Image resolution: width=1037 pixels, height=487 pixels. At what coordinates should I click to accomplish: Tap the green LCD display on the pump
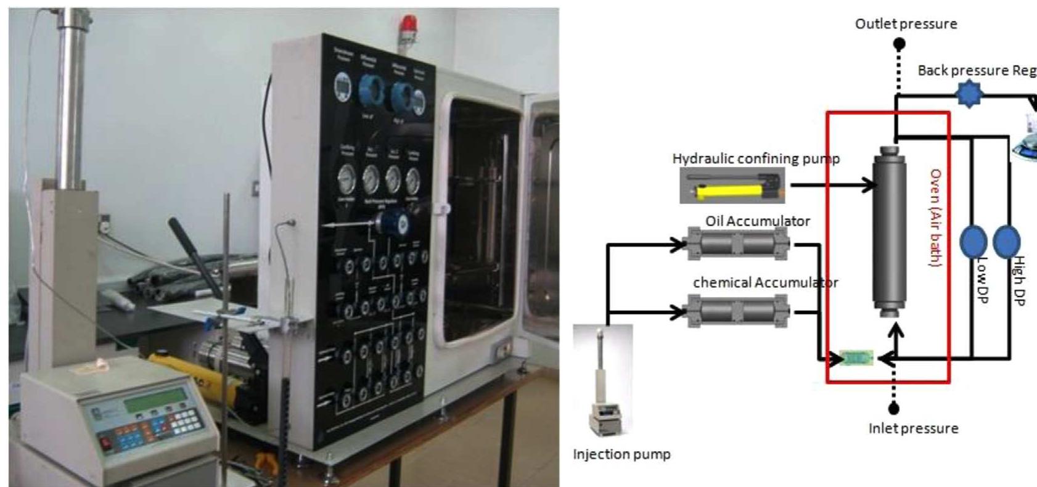pyautogui.click(x=155, y=403)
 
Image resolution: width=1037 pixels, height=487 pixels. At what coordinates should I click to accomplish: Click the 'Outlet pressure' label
pyautogui.click(x=906, y=24)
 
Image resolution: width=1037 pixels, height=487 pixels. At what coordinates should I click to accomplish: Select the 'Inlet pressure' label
pyautogui.click(x=913, y=428)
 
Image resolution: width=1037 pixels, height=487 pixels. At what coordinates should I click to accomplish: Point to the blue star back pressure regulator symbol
pyautogui.click(x=969, y=94)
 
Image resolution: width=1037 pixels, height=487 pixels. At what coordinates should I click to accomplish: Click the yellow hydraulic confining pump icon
pyautogui.click(x=732, y=187)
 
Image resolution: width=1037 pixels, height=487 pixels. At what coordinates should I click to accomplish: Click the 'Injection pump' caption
pyautogui.click(x=621, y=454)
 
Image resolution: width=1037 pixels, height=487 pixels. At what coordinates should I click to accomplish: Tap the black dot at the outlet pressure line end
pyautogui.click(x=900, y=44)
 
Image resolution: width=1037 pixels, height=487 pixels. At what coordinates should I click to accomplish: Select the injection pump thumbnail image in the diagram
pyautogui.click(x=602, y=380)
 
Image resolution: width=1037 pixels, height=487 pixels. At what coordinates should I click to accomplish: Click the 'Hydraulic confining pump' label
pyautogui.click(x=756, y=158)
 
